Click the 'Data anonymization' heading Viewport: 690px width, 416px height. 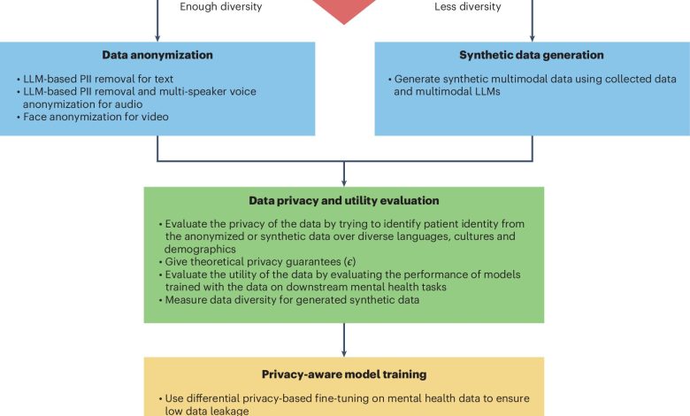[157, 54]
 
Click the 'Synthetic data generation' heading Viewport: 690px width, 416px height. [532, 54]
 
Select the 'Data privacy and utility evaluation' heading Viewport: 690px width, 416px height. [344, 200]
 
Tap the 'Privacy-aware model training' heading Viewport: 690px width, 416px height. [344, 374]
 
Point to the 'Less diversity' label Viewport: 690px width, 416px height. [467, 7]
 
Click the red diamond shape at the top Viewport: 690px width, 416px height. [344, 9]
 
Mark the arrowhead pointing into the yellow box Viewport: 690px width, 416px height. [344, 352]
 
